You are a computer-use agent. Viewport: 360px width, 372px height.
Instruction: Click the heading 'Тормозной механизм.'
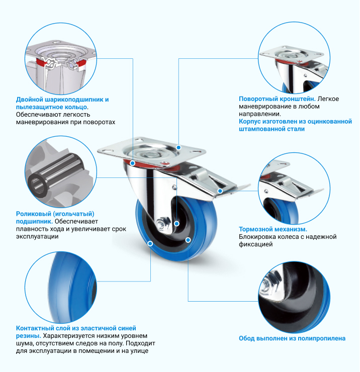pyautogui.click(x=273, y=229)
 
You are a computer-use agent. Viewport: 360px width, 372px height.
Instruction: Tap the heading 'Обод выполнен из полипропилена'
pyautogui.click(x=292, y=338)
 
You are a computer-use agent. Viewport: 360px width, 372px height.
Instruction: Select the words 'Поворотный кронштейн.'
pyautogui.click(x=277, y=99)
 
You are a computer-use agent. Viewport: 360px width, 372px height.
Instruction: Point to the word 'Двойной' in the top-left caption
pyautogui.click(x=29, y=100)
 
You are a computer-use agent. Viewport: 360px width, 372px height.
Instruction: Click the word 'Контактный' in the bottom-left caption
pyautogui.click(x=35, y=328)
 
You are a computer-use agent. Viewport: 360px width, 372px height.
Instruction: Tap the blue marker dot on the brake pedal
pyautogui.click(x=220, y=191)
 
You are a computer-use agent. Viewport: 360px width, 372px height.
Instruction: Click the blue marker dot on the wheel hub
pyautogui.click(x=176, y=224)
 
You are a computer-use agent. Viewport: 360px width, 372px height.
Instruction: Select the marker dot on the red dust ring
pyautogui.click(x=133, y=163)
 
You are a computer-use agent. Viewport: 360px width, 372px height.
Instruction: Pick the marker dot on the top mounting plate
pyautogui.click(x=178, y=148)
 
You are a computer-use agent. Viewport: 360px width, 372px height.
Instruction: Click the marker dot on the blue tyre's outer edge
pyautogui.click(x=150, y=243)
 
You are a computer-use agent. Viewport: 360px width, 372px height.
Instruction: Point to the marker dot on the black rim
pyautogui.click(x=188, y=240)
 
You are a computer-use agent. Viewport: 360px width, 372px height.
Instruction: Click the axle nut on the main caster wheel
pyautogui.click(x=163, y=223)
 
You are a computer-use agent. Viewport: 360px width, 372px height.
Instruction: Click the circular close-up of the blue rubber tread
pyautogui.click(x=61, y=288)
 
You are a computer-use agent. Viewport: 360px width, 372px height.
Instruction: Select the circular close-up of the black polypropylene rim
pyautogui.click(x=294, y=298)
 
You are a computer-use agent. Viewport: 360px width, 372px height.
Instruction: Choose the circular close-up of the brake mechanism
pyautogui.click(x=294, y=189)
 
